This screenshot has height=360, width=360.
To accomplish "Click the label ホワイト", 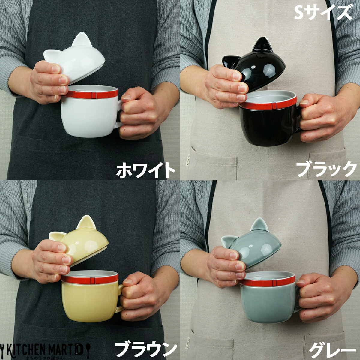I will tap(146, 170).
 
